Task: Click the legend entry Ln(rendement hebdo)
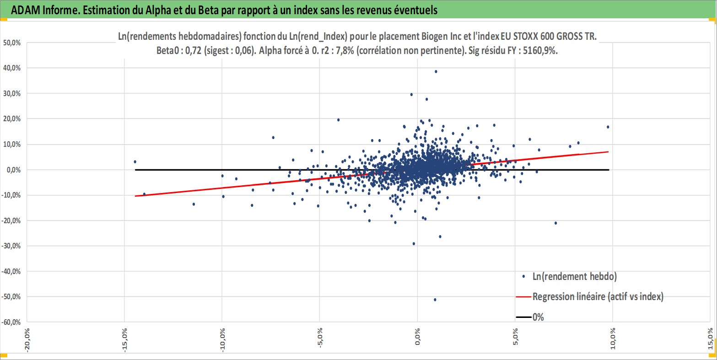coord(574,276)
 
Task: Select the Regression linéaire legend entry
coord(598,296)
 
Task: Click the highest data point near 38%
coord(436,71)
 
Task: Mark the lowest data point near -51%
coord(435,300)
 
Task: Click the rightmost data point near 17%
coord(608,127)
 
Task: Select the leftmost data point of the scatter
coord(135,161)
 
